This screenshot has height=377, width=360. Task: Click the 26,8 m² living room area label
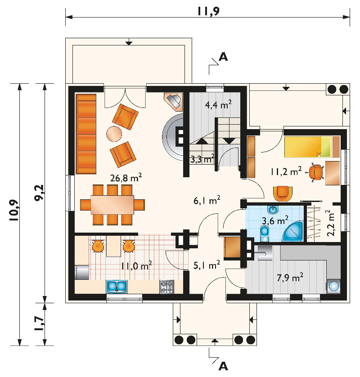click(x=126, y=177)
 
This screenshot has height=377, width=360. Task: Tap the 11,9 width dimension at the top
click(x=208, y=11)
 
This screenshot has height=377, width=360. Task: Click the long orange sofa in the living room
click(x=86, y=134)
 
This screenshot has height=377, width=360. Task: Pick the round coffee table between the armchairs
click(x=114, y=134)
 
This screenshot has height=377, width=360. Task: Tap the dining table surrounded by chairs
click(x=112, y=205)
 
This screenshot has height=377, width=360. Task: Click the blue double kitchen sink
click(x=117, y=287)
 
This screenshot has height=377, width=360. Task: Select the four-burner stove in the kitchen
click(x=166, y=287)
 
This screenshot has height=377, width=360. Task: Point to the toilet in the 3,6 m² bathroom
click(x=265, y=233)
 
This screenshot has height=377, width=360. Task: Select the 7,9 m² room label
click(x=290, y=277)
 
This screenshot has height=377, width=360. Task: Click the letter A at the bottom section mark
click(x=223, y=366)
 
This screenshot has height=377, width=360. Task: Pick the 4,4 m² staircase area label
click(x=218, y=104)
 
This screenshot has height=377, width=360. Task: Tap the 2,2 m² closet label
click(x=330, y=223)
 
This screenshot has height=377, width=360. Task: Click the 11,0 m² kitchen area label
click(x=136, y=266)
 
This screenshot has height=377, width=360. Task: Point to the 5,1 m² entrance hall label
click(x=207, y=265)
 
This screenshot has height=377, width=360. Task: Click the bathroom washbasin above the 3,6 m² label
click(x=273, y=210)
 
